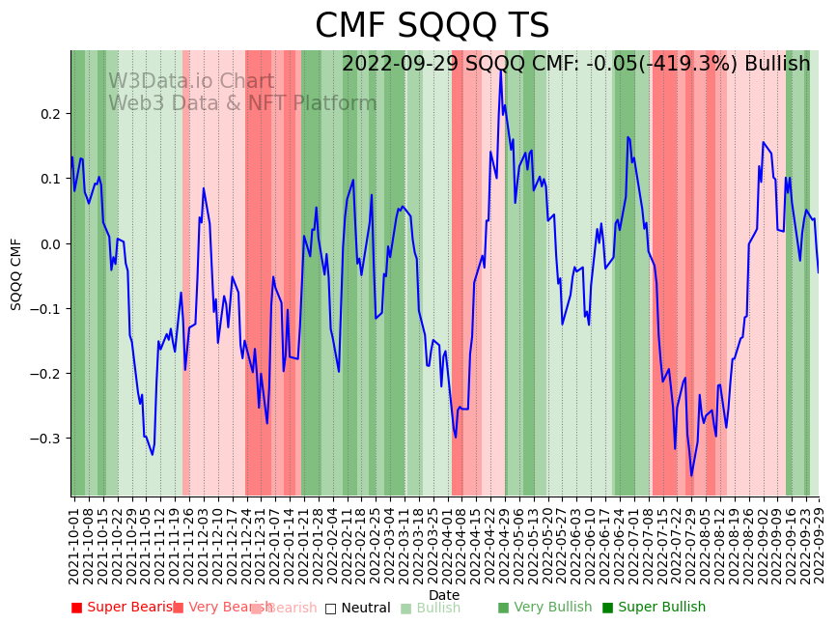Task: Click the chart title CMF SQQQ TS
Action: [432, 26]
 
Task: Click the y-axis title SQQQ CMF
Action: [16, 273]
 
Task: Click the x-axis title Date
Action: [444, 595]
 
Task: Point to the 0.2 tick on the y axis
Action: [50, 114]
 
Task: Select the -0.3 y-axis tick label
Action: [46, 439]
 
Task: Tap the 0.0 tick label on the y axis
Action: [50, 243]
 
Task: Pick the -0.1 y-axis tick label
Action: [46, 309]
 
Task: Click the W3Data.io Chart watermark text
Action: [191, 82]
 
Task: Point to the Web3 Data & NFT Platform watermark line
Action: [242, 103]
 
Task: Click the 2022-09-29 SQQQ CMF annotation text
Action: [575, 64]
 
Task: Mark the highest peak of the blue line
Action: [500, 70]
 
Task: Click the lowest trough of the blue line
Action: [691, 475]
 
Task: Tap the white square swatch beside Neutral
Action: [330, 609]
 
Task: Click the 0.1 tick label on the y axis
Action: [50, 179]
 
